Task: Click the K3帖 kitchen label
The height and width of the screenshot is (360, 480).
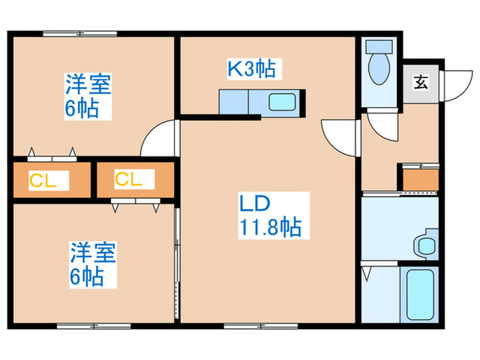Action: (252, 68)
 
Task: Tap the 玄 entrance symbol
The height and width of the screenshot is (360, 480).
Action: (420, 84)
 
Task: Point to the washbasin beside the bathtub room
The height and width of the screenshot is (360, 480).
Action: (426, 244)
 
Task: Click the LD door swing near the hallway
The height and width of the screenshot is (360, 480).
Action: (339, 136)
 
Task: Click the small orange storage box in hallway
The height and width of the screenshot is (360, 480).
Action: (420, 178)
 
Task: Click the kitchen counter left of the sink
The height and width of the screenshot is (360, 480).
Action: (233, 103)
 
